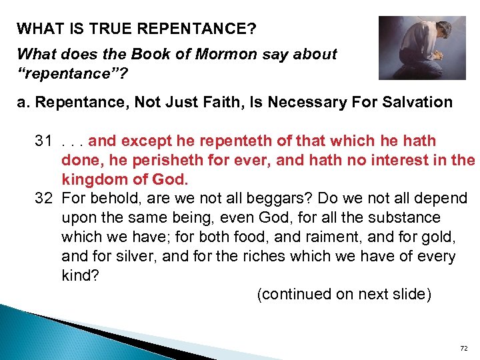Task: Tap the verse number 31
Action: click(44, 141)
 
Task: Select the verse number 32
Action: click(44, 199)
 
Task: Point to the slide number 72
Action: click(465, 349)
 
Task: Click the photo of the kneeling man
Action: click(421, 47)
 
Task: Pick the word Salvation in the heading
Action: click(413, 102)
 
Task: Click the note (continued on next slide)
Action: click(344, 295)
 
